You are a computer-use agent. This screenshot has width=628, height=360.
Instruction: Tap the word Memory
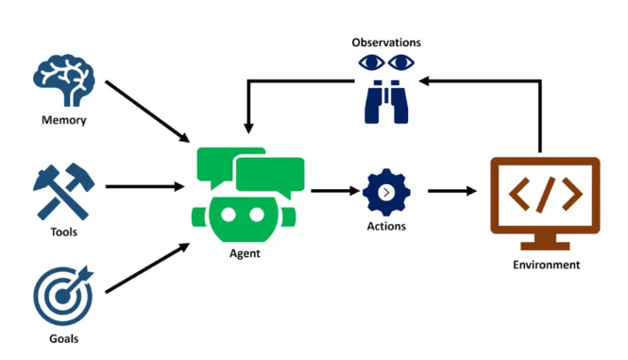point(63,120)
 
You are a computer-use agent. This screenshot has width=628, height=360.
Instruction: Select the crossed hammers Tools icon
point(63,192)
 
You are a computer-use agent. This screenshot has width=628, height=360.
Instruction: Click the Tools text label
point(63,231)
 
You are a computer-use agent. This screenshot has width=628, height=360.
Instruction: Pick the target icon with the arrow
point(63,296)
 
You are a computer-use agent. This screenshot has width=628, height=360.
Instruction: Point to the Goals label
point(63,338)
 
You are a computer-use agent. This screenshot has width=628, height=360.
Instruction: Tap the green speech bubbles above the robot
point(250,170)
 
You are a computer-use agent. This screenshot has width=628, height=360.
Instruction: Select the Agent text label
point(245,254)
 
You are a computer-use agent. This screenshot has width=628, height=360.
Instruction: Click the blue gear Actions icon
point(386,192)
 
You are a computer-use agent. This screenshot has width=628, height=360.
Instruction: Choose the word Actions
point(386,227)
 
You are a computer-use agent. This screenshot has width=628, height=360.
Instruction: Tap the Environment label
point(546,265)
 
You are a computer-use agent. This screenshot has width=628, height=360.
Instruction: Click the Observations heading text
point(386,43)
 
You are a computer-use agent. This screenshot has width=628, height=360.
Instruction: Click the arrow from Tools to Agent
point(144,186)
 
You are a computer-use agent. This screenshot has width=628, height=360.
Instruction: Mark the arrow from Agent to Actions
point(331,191)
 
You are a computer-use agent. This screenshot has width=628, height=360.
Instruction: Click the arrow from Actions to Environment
point(451,191)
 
